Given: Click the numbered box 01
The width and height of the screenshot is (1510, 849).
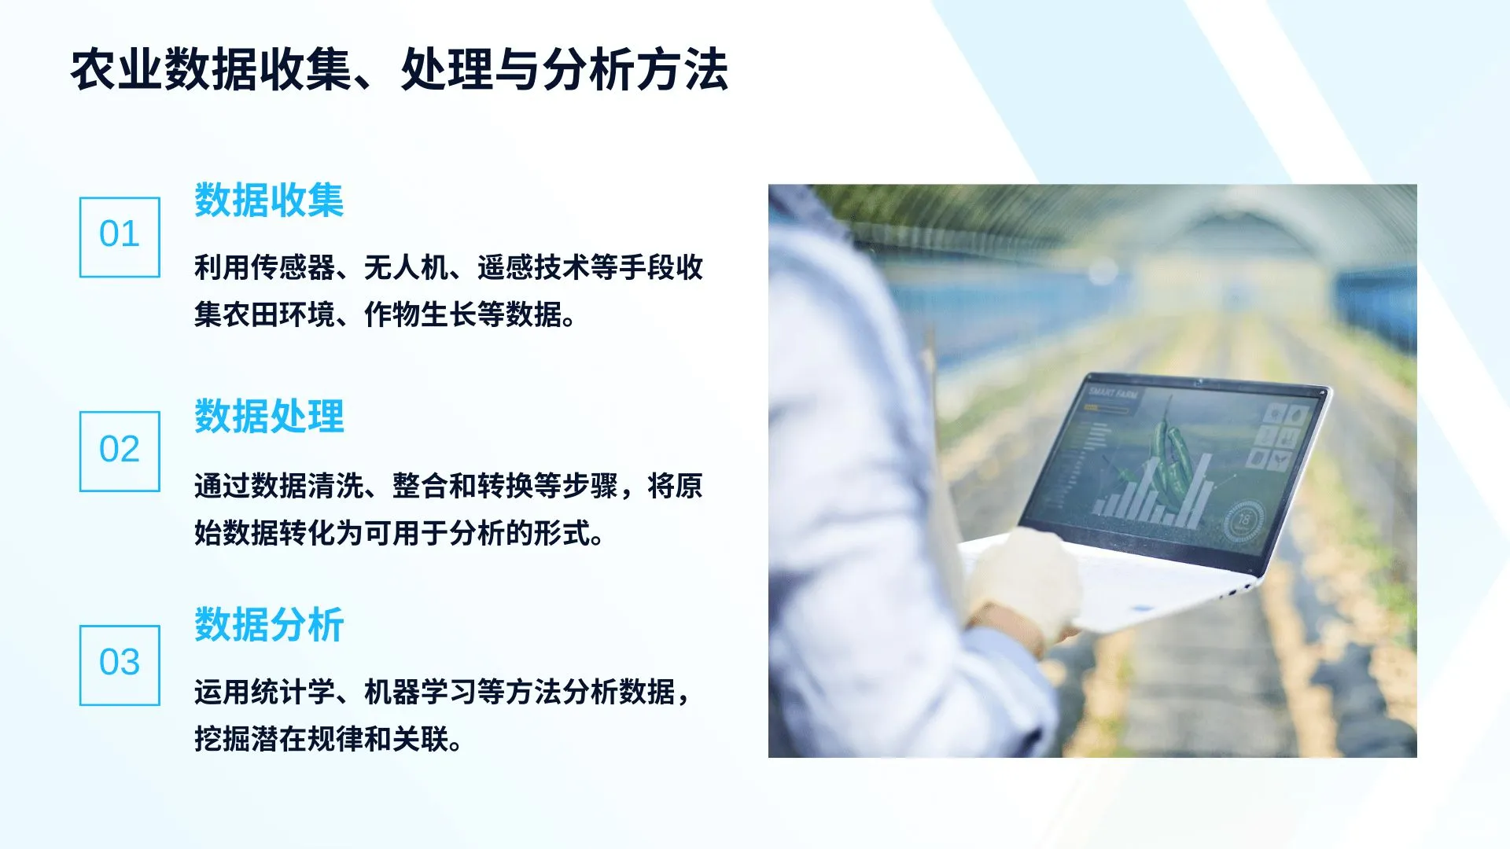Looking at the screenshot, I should (x=120, y=237).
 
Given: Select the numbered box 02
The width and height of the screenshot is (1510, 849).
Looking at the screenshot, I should (x=120, y=451).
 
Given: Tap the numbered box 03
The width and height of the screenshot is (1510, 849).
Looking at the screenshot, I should (x=120, y=665).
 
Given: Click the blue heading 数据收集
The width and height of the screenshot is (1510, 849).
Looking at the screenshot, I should (x=269, y=200).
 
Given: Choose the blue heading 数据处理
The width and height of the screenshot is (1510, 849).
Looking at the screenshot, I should (x=269, y=417).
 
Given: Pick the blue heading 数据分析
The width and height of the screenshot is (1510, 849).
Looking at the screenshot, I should (x=269, y=626).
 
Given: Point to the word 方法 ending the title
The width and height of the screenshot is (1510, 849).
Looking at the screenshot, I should (x=682, y=70).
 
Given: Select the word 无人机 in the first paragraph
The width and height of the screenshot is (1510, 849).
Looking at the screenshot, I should (x=406, y=268).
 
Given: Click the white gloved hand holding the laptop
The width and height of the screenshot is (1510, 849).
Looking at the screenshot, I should (x=1022, y=582).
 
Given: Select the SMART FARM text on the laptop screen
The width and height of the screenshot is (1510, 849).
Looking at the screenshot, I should (x=1113, y=392).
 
